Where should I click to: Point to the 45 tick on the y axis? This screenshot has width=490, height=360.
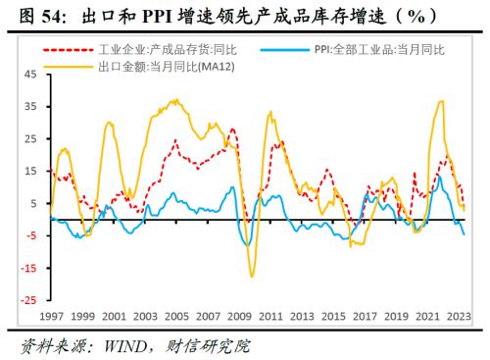click(x=29, y=75)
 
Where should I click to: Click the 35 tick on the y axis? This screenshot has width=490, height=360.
click(x=29, y=107)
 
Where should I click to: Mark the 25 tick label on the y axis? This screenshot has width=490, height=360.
click(x=29, y=139)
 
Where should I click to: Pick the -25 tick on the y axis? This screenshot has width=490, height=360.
click(x=27, y=300)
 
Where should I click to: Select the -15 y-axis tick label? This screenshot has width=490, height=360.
click(x=27, y=268)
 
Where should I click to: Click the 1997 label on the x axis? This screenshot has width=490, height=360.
click(x=51, y=316)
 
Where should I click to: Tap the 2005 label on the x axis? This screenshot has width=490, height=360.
click(x=176, y=316)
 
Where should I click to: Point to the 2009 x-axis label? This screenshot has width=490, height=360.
click(x=240, y=316)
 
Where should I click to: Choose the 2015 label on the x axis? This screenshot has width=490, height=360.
click(x=335, y=316)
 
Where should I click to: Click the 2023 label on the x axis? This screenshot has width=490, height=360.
click(x=457, y=316)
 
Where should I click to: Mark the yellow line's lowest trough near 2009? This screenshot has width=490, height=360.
click(x=252, y=277)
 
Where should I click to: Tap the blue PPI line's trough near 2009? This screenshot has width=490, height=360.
click(x=249, y=244)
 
